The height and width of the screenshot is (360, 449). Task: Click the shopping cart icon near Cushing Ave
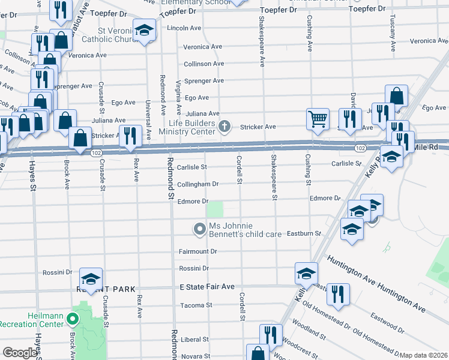[318, 118]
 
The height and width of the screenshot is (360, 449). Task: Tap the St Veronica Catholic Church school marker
[143, 31]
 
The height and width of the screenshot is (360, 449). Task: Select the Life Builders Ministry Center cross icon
[224, 126]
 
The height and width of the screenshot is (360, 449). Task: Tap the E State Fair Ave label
[207, 287]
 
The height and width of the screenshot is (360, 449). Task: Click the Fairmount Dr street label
[197, 251]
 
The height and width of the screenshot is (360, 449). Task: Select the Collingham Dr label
[197, 184]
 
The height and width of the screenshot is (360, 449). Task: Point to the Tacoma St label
[196, 305]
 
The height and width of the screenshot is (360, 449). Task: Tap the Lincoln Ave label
[184, 28]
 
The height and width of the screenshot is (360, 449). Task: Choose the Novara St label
[195, 356]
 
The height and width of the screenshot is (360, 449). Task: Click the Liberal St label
[195, 340]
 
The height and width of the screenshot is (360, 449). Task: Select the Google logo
[20, 353]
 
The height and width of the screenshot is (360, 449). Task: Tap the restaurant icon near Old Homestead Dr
[338, 295]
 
